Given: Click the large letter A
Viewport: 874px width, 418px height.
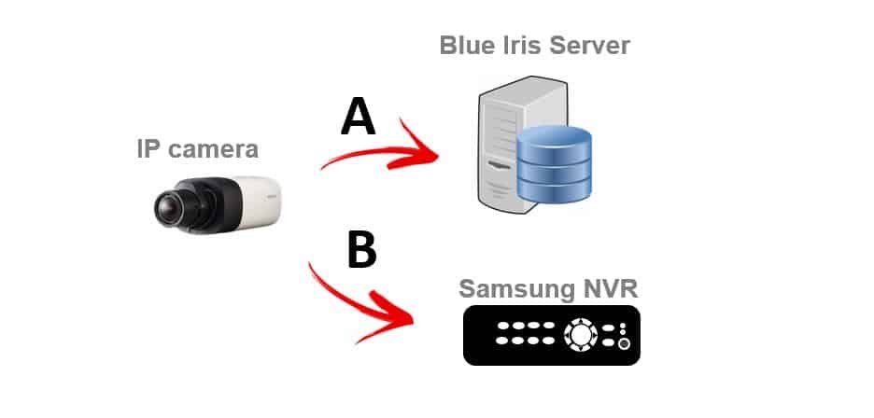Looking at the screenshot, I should (358, 118).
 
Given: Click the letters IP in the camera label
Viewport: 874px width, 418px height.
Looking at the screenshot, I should (149, 148).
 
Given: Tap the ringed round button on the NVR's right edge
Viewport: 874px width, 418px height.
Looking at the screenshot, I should (623, 343).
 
